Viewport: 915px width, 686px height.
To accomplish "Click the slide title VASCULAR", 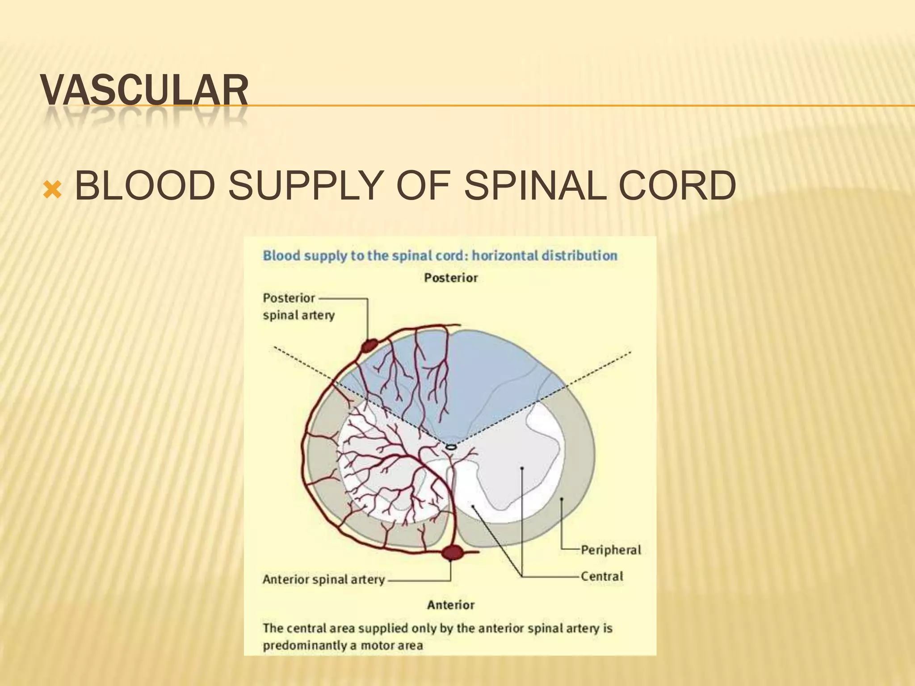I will click(x=144, y=91).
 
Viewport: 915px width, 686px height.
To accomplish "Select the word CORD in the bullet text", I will click(x=677, y=185).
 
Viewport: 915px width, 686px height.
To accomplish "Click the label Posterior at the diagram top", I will click(x=451, y=278).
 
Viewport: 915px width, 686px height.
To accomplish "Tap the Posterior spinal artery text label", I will click(x=298, y=306).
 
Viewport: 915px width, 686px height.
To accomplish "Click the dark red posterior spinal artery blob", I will click(x=369, y=345).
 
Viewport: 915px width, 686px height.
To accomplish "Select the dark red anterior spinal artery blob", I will click(x=452, y=552).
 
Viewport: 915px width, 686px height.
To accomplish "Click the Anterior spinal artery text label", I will click(x=323, y=580).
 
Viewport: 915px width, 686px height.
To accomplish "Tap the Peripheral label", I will click(x=611, y=550).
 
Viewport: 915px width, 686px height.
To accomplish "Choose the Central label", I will click(x=602, y=577).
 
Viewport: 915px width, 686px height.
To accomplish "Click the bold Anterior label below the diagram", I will click(x=451, y=605).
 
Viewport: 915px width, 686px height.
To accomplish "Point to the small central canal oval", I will click(x=451, y=447).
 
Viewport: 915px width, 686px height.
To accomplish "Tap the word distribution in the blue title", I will click(x=579, y=256).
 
